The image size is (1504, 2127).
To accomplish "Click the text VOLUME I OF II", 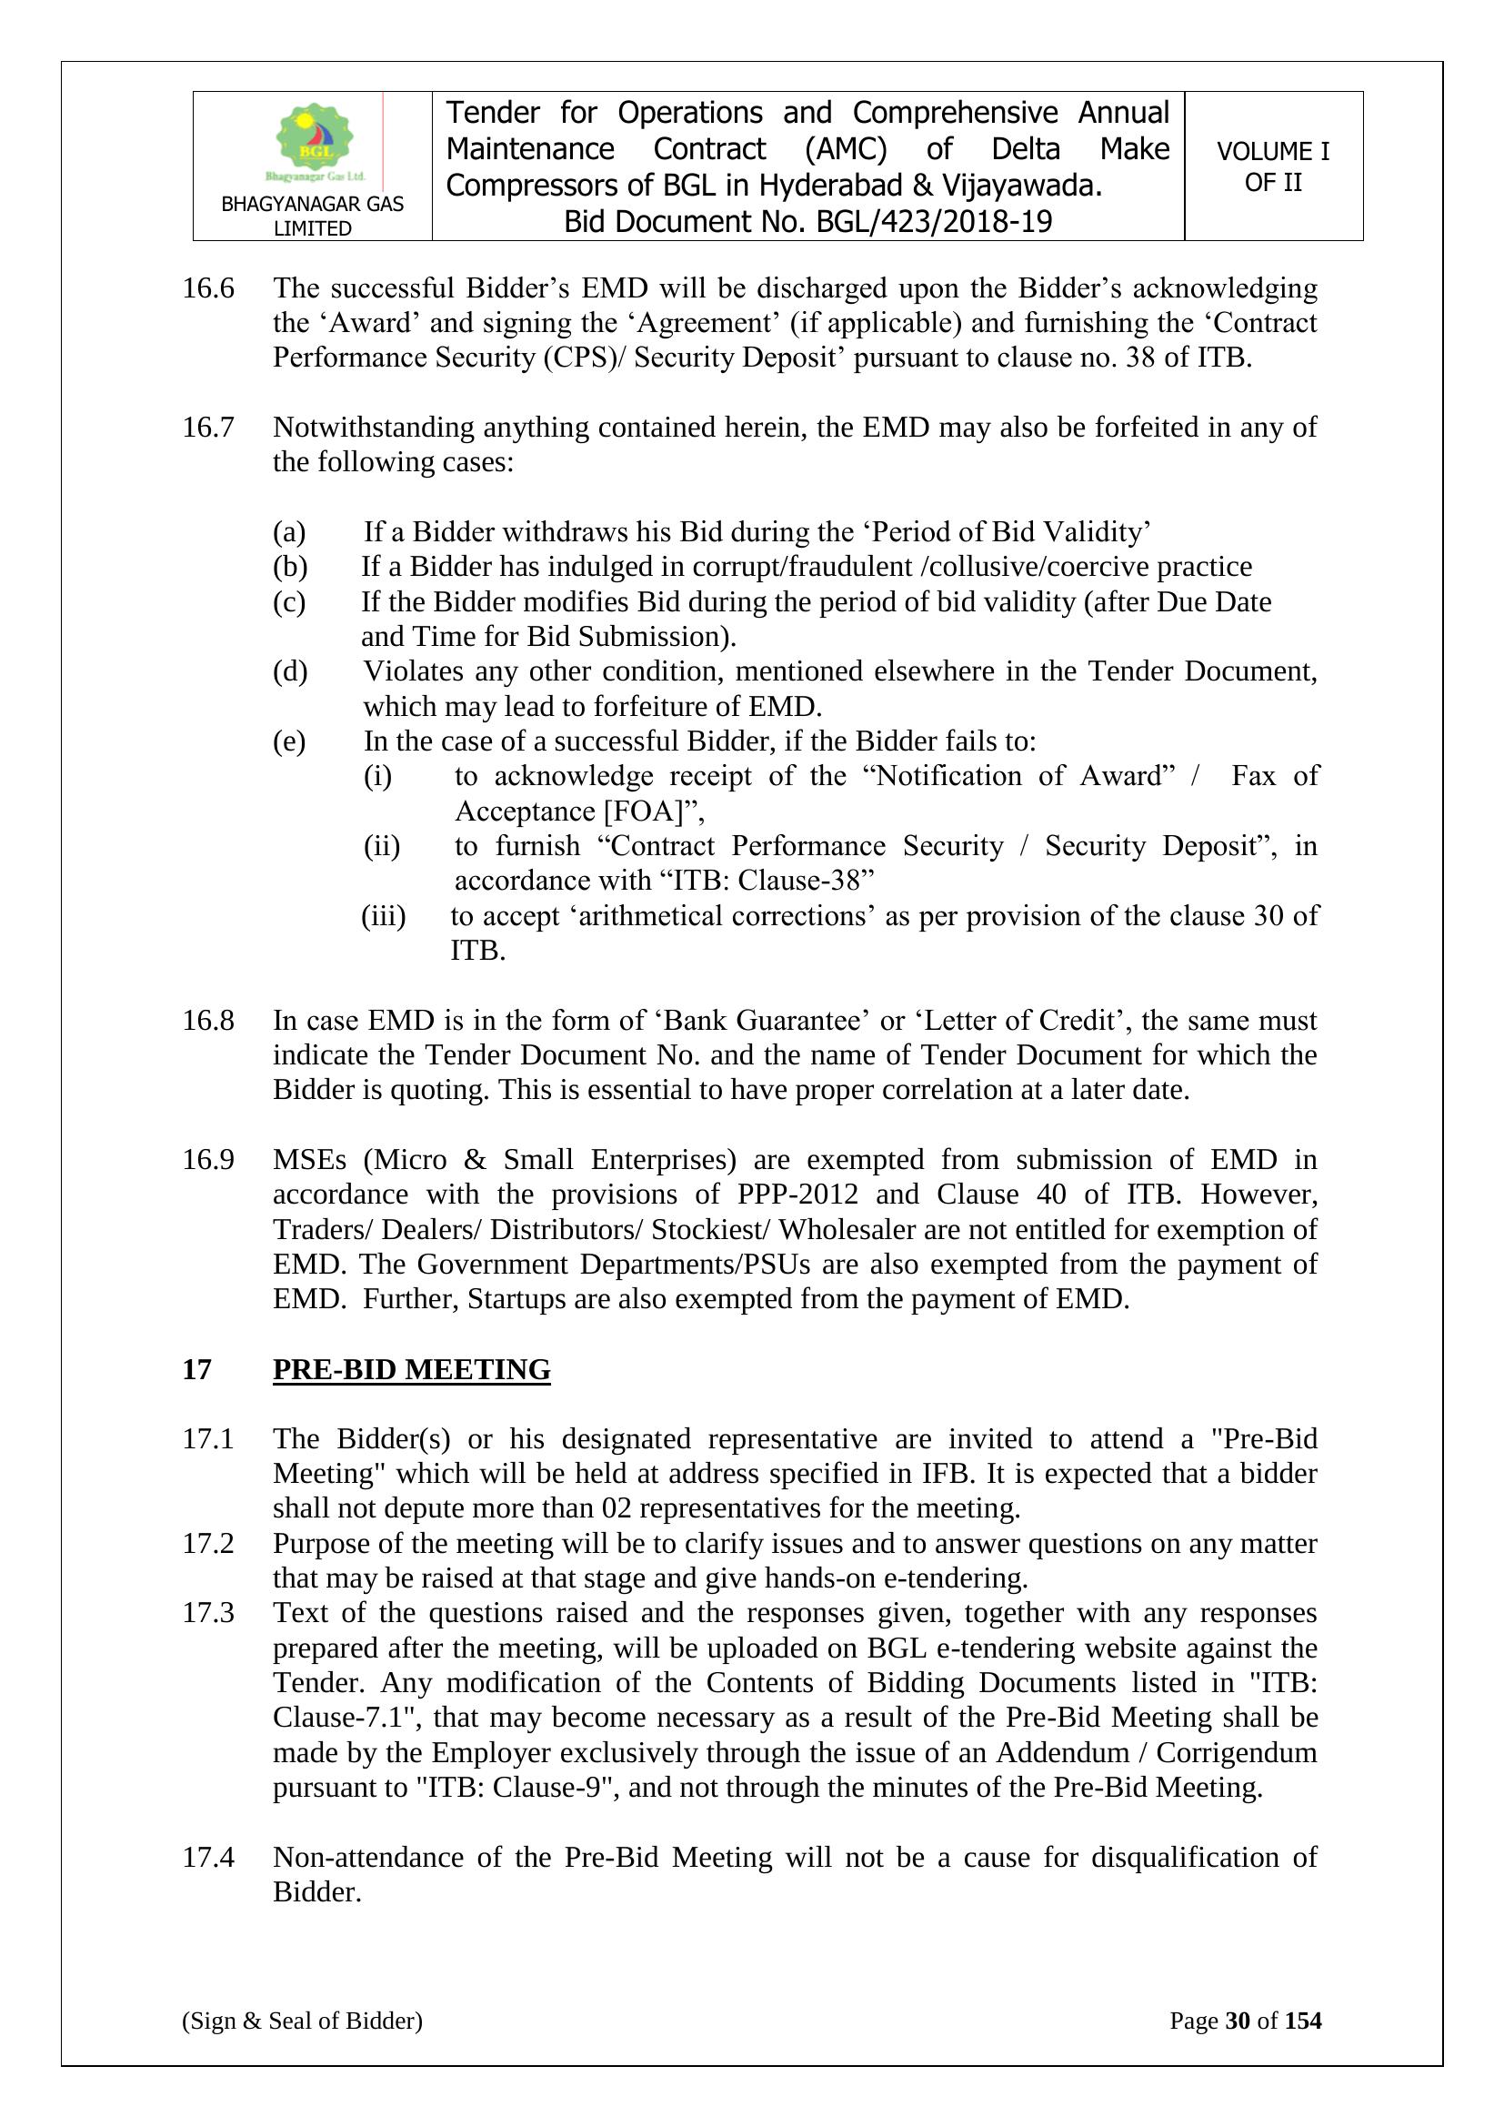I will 1272,166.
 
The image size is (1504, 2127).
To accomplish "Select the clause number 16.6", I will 208,288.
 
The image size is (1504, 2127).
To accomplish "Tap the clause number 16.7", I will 208,427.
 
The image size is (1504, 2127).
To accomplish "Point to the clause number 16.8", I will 208,1020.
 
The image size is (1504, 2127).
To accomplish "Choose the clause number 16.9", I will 208,1159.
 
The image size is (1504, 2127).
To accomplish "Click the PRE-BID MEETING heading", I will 411,1369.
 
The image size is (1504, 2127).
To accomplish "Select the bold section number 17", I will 196,1369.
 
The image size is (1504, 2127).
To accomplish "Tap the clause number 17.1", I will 208,1438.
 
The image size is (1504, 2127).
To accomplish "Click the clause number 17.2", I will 208,1543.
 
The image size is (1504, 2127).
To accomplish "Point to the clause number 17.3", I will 208,1613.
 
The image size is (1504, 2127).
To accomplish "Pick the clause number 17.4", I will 208,1858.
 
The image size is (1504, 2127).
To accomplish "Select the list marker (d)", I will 290,670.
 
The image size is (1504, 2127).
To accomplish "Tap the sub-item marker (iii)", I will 384,916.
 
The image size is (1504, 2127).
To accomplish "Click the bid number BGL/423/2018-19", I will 934,222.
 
